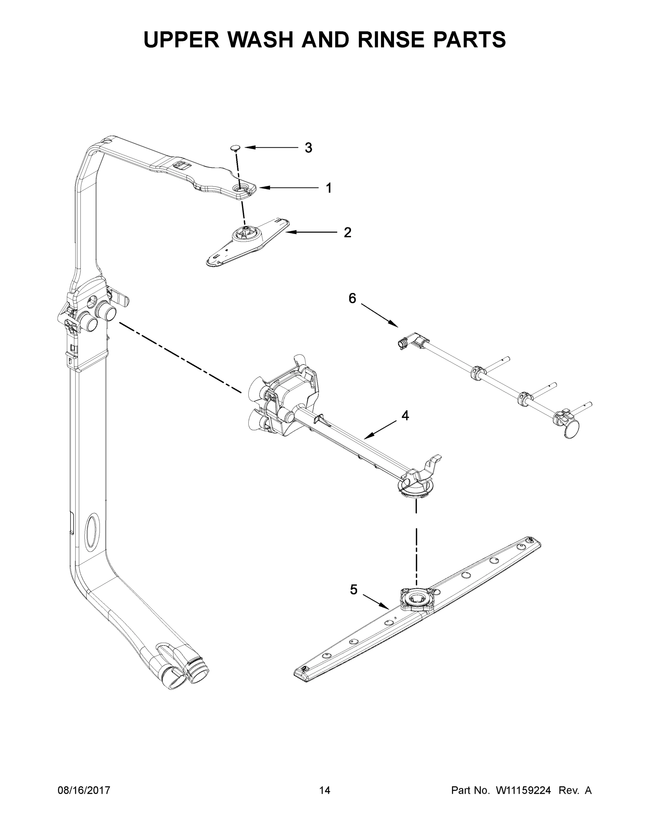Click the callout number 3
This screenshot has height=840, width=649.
tap(308, 148)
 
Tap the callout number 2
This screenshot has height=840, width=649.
tap(347, 232)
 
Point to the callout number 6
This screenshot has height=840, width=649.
tap(352, 298)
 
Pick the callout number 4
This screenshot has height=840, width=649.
tap(405, 415)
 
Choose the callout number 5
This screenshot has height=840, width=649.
tap(354, 590)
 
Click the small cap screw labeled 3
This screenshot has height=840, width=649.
tap(235, 148)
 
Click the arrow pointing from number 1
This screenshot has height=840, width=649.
tap(288, 188)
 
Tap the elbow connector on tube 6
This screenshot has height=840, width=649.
tap(411, 341)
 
